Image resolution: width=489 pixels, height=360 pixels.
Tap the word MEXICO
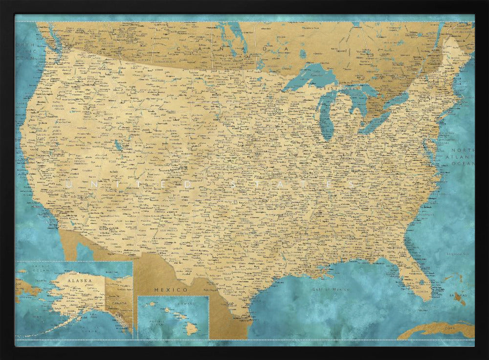[x=171, y=290]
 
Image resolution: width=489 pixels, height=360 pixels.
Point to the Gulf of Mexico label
[x=331, y=289]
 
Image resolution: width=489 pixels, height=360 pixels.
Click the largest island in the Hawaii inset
[x=192, y=330]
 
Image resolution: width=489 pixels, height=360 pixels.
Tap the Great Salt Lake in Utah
[x=118, y=145]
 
